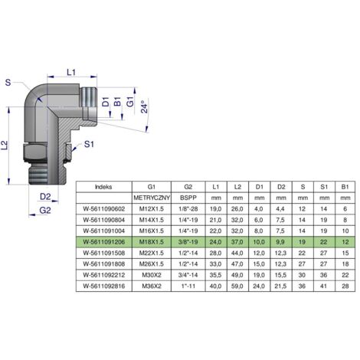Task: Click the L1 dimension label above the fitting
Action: tap(71, 73)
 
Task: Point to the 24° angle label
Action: tap(144, 106)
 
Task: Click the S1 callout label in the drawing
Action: tap(89, 144)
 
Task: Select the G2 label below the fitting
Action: tap(45, 211)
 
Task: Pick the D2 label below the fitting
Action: tap(45, 197)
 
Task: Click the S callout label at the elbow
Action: tap(8, 83)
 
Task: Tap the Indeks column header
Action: tap(103, 187)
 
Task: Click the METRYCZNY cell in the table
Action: tap(152, 198)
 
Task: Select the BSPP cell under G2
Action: tap(188, 198)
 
